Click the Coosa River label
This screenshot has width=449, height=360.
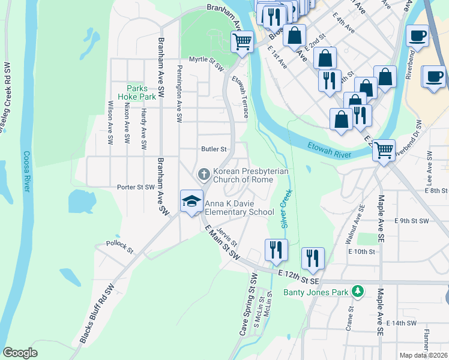click(26, 171)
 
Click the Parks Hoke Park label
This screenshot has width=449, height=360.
click(141, 92)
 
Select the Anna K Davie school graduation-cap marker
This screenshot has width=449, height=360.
click(191, 201)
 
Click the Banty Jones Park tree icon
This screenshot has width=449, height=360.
click(358, 292)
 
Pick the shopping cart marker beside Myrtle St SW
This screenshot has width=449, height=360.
click(242, 42)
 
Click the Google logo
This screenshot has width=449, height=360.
click(20, 353)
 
